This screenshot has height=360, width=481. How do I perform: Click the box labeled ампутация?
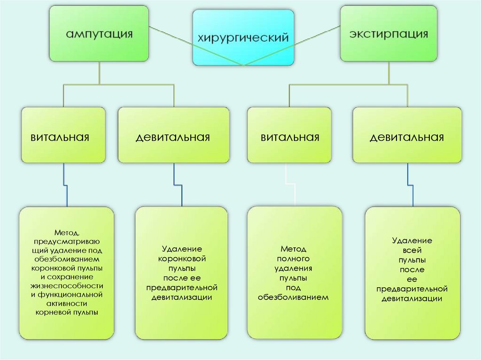tap(99, 34)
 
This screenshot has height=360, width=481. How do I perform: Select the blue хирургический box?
tap(243, 38)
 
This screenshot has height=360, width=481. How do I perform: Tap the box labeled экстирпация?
tap(388, 34)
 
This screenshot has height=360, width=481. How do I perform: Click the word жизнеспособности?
tap(67, 286)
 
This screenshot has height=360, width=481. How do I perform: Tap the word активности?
tap(67, 304)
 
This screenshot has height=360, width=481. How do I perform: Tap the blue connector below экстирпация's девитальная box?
tap(410, 185)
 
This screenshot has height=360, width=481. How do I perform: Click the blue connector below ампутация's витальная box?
tap(65, 185)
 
